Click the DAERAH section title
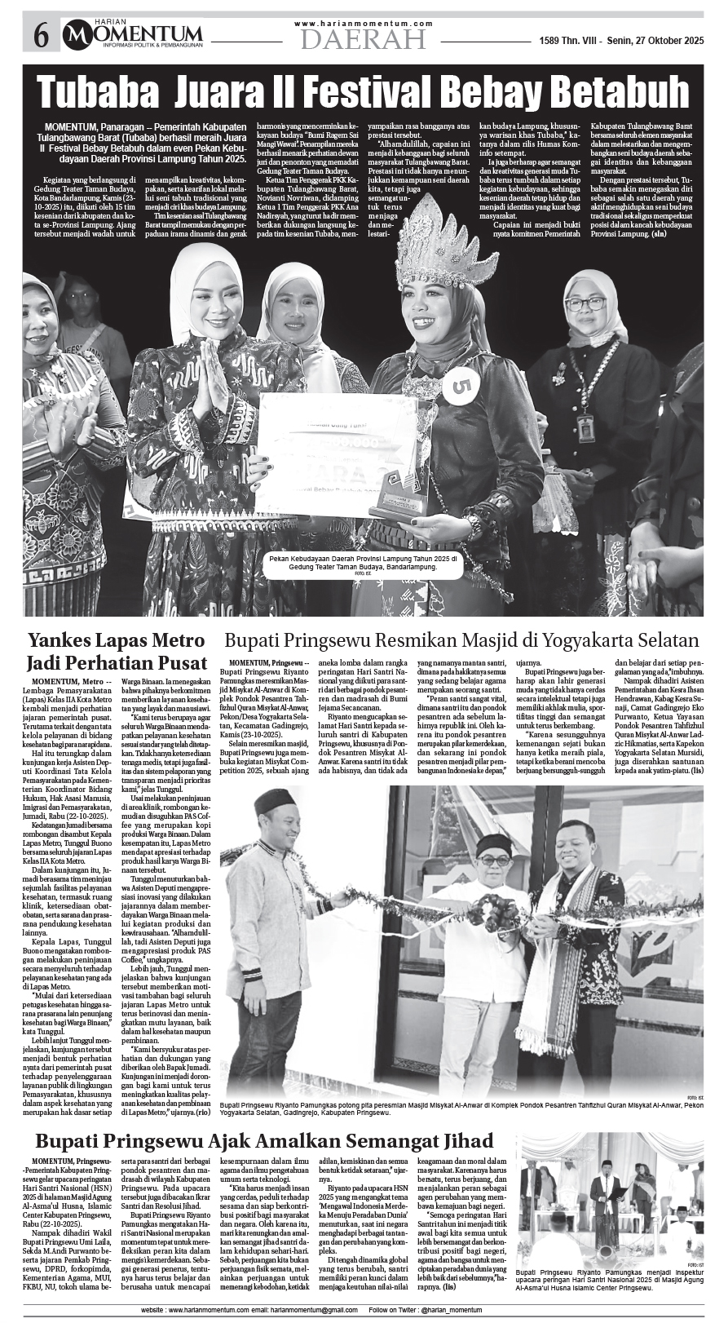click(363, 39)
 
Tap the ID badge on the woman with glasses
click(584, 427)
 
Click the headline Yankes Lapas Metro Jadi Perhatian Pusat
click(116, 651)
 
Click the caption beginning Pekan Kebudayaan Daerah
click(363, 562)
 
